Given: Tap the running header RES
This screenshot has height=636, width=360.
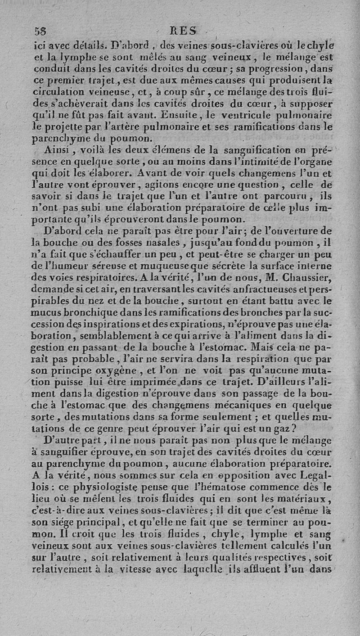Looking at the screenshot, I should (185, 31).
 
